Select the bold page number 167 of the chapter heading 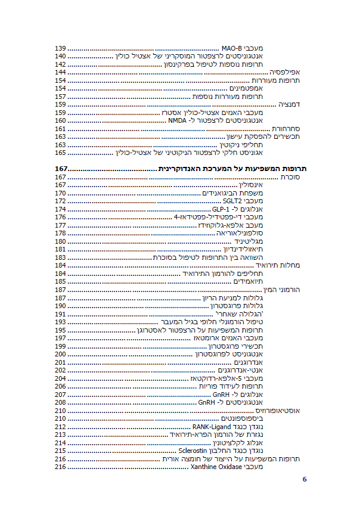pos(61,169)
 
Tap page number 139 pos(60,48)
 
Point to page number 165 pos(60,153)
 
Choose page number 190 pos(60,306)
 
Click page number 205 pos(60,386)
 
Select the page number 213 pos(60,434)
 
